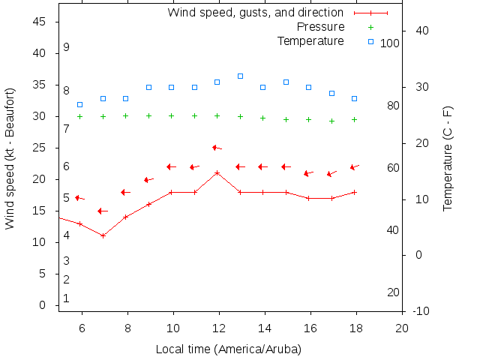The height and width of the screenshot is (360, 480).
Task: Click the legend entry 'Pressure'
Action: [320, 27]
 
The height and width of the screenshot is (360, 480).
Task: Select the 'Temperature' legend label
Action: [310, 40]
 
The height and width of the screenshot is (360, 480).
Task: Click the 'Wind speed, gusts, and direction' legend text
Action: [255, 13]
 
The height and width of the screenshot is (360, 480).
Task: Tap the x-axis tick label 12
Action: [219, 328]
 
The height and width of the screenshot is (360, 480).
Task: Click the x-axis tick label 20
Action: [402, 328]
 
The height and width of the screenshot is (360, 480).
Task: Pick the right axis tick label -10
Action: [421, 311]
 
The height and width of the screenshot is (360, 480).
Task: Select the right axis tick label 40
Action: [421, 31]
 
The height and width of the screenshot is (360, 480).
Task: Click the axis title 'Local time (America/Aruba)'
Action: [228, 349]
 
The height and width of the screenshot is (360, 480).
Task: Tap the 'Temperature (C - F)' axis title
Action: [448, 157]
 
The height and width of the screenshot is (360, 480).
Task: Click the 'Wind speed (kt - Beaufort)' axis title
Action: [10, 157]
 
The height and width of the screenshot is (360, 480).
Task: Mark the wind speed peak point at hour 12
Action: [217, 172]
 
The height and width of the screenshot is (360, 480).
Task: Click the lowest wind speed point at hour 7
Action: [103, 235]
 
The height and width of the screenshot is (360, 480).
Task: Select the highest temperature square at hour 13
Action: [240, 76]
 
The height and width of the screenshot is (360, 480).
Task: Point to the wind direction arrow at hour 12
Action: [217, 148]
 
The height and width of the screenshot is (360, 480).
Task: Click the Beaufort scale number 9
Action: [67, 47]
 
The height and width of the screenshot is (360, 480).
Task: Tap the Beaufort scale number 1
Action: [67, 298]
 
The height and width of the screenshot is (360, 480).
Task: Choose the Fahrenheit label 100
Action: [390, 43]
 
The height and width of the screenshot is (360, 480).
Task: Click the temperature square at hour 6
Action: [80, 104]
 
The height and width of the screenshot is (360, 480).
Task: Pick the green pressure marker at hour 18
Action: [355, 119]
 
